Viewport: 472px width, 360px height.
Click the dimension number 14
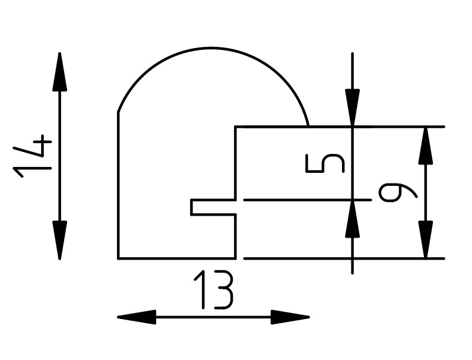(x=33, y=157)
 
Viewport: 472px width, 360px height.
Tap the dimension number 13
(x=214, y=290)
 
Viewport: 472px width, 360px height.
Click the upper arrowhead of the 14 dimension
(x=59, y=72)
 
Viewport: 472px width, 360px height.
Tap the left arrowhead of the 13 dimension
(x=137, y=317)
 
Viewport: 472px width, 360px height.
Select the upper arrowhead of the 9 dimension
(x=425, y=146)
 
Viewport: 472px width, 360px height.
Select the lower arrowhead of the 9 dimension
(x=425, y=239)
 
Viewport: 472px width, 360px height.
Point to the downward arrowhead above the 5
(x=353, y=107)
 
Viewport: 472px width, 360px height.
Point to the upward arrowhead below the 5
(x=353, y=220)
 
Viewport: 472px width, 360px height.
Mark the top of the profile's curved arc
(x=214, y=48)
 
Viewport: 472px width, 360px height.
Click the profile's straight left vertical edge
(x=119, y=184)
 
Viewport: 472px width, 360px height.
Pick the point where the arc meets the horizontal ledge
(x=309, y=127)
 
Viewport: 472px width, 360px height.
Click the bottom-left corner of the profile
(x=119, y=258)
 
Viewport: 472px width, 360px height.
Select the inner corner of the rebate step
(x=236, y=127)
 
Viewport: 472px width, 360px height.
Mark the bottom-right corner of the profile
(x=236, y=258)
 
